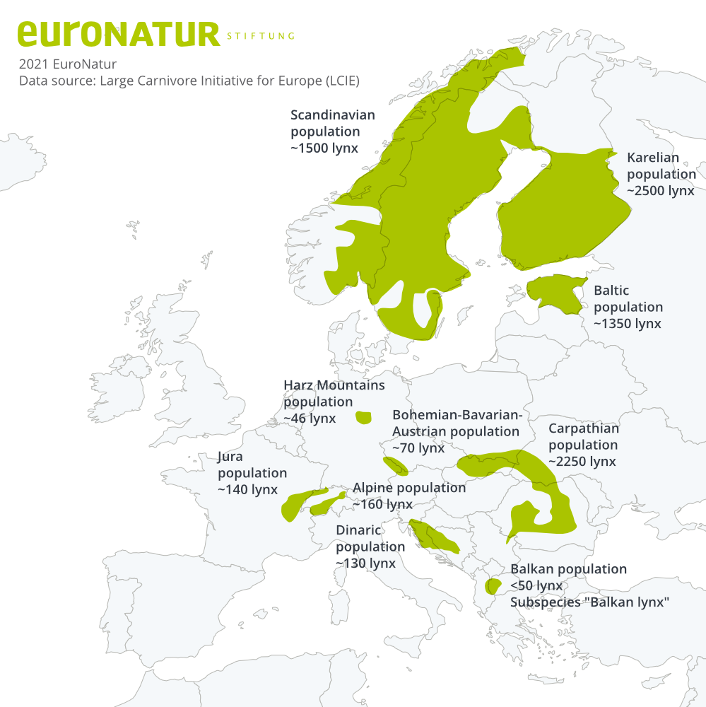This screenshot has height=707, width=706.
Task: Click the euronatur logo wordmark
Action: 119,34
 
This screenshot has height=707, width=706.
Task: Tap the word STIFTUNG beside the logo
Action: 260,36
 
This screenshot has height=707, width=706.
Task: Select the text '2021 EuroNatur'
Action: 67,64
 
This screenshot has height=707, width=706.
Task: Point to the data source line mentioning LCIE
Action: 189,81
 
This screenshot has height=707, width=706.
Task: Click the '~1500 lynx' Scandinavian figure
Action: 324,148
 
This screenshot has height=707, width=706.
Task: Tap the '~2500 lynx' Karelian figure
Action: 661,190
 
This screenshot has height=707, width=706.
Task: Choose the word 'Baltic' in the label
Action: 611,291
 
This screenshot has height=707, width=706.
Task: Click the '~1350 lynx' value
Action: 627,323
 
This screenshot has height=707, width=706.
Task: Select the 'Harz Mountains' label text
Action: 334,385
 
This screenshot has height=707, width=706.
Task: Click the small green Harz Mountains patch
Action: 363,417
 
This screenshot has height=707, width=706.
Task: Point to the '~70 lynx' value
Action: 418,448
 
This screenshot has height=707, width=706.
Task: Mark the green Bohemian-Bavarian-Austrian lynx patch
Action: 395,465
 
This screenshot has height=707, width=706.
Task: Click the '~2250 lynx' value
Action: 582,461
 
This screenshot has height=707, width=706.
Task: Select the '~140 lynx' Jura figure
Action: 247,489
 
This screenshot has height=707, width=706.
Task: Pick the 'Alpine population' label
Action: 409,488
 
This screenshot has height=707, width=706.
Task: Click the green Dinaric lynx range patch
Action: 435,537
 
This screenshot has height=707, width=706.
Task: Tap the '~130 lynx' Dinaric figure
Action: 365,563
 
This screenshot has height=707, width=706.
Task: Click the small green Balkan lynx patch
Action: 493,585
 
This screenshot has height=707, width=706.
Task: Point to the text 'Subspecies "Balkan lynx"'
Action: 589,602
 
